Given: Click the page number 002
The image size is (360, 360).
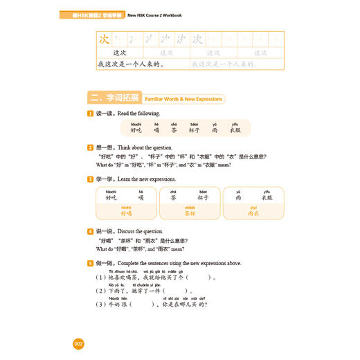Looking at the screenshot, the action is [x=78, y=344].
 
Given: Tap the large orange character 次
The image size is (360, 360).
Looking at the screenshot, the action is [x=104, y=39].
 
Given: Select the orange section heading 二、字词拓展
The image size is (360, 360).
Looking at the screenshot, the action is [x=105, y=98].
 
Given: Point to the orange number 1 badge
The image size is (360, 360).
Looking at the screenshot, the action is [x=90, y=114].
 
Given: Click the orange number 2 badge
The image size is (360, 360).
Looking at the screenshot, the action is [x=90, y=147].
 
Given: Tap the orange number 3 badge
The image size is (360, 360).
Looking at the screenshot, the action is [x=90, y=179].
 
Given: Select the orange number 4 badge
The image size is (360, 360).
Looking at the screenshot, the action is [x=90, y=231].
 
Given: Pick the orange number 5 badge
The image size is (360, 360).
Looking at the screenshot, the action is [x=90, y=263].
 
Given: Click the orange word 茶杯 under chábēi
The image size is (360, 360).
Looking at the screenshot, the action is [x=188, y=214].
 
